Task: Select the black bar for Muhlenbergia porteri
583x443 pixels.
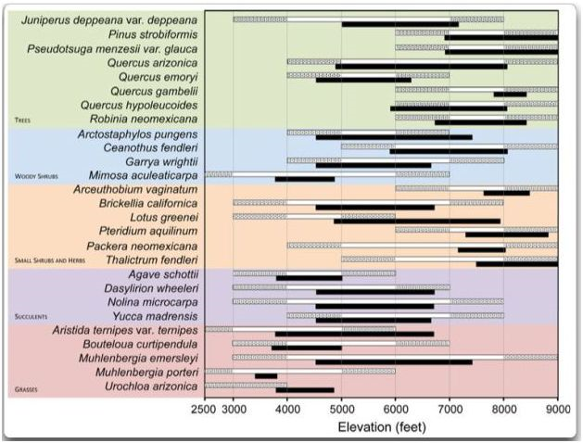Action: click(266, 376)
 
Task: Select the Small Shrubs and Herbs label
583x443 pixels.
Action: click(54, 260)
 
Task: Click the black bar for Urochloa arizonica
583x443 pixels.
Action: click(305, 390)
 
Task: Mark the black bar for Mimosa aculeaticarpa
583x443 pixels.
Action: click(305, 179)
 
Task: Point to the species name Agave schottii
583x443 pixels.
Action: click(160, 274)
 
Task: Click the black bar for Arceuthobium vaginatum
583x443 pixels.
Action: click(506, 193)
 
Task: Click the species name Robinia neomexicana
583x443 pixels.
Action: click(143, 119)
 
